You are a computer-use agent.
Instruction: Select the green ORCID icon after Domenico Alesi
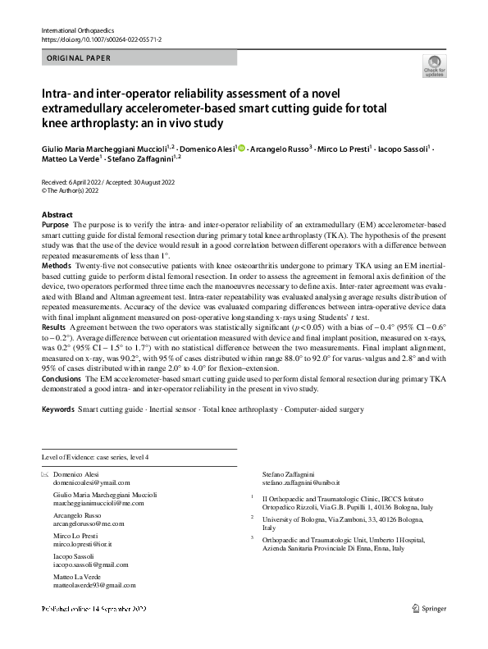coord(242,148)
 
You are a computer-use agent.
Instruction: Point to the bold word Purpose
coord(55,224)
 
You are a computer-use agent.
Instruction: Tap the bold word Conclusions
coord(62,380)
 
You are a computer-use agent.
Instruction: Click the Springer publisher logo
coord(430,631)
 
